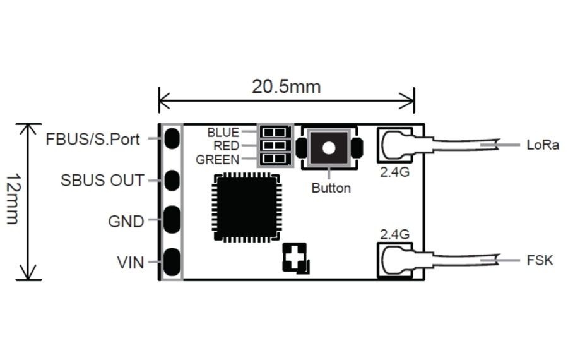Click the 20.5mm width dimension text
coord(286,87)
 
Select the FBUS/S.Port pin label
coord(92,139)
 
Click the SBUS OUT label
coord(102,180)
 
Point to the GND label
coord(126,222)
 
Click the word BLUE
coord(223,133)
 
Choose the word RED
coord(227,146)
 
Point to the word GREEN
coord(217,160)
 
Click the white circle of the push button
coord(329,148)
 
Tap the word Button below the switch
coord(331,188)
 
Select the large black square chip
coord(246,207)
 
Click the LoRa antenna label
coord(543,145)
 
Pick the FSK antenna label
coord(540,260)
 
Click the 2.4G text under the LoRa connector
coord(394,171)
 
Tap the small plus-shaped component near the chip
coord(295,258)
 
